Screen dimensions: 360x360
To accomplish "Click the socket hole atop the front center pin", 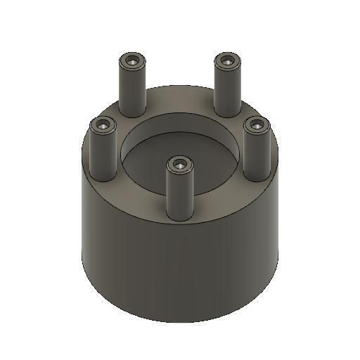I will pyautogui.click(x=180, y=165).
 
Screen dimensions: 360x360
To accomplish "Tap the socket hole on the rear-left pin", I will pyautogui.click(x=132, y=61).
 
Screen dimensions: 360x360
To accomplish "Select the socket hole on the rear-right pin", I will pyautogui.click(x=226, y=61).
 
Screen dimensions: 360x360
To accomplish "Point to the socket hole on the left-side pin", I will pyautogui.click(x=103, y=126).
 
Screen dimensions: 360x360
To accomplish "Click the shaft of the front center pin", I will pyautogui.click(x=180, y=200).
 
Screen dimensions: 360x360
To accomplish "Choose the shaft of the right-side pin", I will pyautogui.click(x=257, y=158).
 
